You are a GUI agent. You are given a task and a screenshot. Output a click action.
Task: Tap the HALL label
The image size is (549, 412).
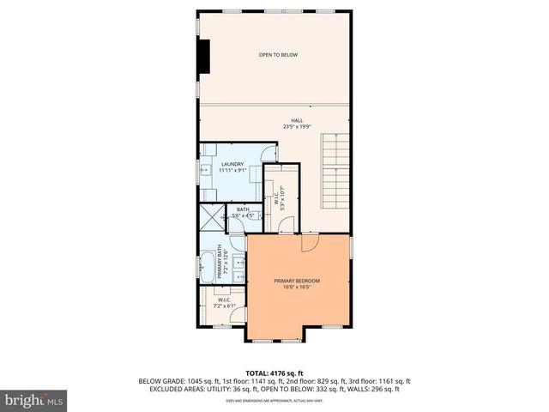pos(297,120)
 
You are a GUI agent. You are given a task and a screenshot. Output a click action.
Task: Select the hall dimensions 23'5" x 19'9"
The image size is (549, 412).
pos(297,127)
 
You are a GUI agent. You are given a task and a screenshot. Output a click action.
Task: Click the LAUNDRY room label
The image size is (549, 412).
pos(232,164)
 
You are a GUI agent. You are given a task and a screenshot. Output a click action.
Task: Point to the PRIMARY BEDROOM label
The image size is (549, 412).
pos(297,281)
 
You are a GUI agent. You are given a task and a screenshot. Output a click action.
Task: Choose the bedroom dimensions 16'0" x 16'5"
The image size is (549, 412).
pos(297,288)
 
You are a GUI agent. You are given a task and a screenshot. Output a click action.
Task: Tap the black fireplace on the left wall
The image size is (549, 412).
pos(204,56)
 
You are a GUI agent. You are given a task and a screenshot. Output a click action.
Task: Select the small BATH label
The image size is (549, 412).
pos(243,209)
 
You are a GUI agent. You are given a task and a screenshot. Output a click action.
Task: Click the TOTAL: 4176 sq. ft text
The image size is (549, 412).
pos(274,373)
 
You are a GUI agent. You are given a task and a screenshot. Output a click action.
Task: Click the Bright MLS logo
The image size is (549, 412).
pos(33,400)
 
